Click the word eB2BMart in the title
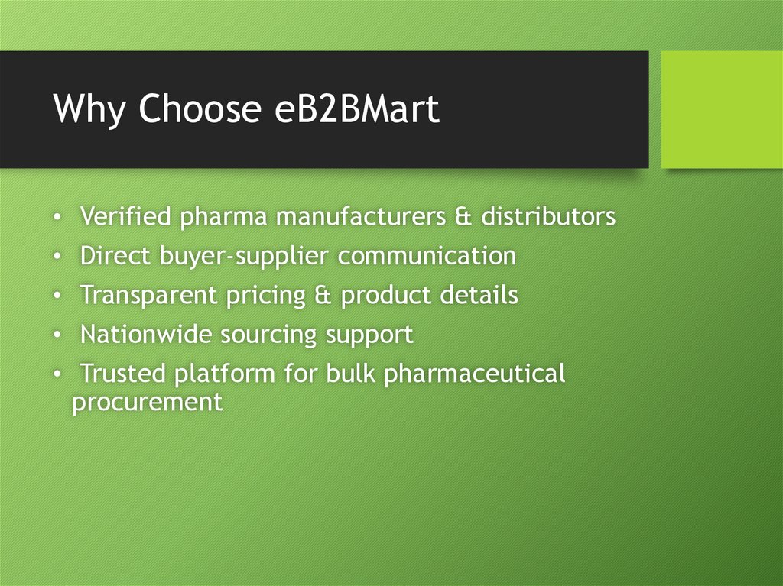[x=356, y=109]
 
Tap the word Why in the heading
[x=90, y=109]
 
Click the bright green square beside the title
[x=721, y=109]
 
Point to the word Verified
[x=125, y=217]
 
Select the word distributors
[x=547, y=217]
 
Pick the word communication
[x=427, y=257]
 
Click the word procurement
[x=147, y=403]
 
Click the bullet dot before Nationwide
[x=58, y=335]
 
